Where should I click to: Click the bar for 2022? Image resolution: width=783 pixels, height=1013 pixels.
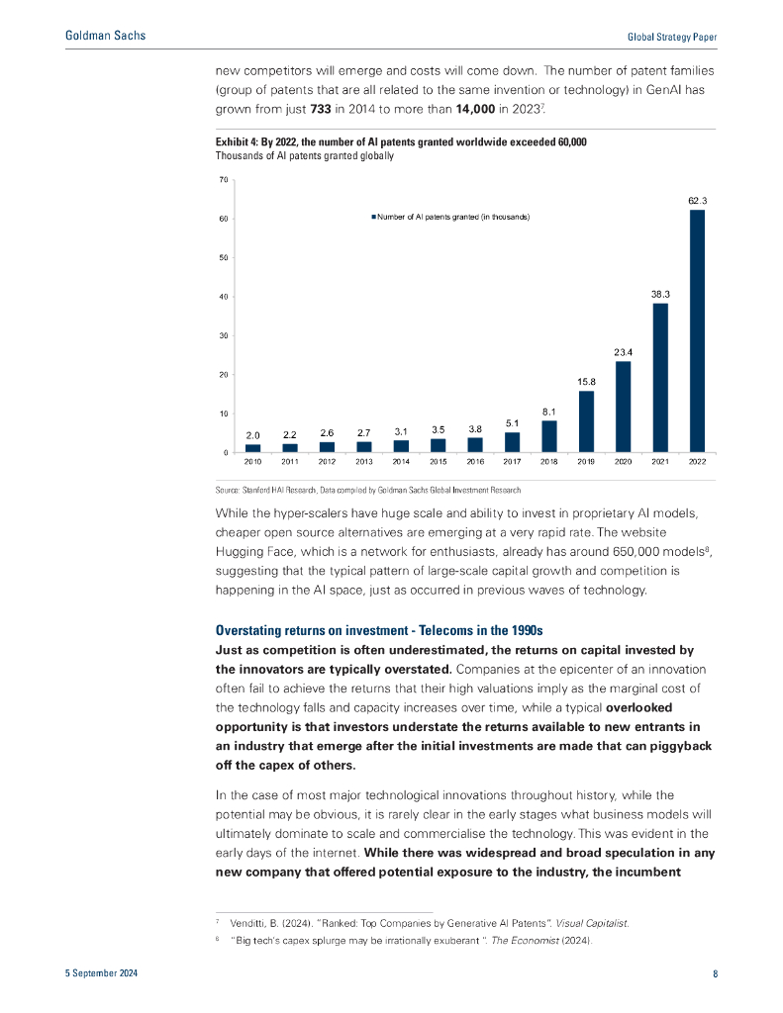point(697,330)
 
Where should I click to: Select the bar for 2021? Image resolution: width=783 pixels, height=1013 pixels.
point(660,377)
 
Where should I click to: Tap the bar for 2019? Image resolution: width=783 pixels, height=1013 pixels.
point(586,421)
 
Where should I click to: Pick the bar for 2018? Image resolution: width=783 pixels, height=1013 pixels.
point(549,436)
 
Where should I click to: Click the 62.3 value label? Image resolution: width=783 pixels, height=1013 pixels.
point(698,201)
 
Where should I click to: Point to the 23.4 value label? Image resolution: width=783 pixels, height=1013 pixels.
point(624,352)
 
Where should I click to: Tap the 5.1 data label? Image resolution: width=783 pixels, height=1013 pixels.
point(512,423)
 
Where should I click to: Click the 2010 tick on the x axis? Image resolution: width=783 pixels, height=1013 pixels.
point(252,462)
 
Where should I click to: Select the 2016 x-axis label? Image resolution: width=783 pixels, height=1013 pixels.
point(475,462)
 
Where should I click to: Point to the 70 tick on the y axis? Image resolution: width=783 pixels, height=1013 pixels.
point(224,180)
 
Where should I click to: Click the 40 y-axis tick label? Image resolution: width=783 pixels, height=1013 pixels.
point(224,297)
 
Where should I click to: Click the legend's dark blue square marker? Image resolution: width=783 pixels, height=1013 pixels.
point(374,217)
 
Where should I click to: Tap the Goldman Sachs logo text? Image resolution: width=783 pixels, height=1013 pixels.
point(105,36)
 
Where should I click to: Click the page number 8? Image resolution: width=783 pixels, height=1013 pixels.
point(715,973)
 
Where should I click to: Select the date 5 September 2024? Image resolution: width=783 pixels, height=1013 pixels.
point(102,973)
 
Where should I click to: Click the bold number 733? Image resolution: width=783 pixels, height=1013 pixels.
point(321,109)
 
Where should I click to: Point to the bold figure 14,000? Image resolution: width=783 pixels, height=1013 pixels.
point(475,109)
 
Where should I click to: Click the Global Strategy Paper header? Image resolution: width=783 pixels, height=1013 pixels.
point(672,38)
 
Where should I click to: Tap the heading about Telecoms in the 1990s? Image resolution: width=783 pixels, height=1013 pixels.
point(379,630)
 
